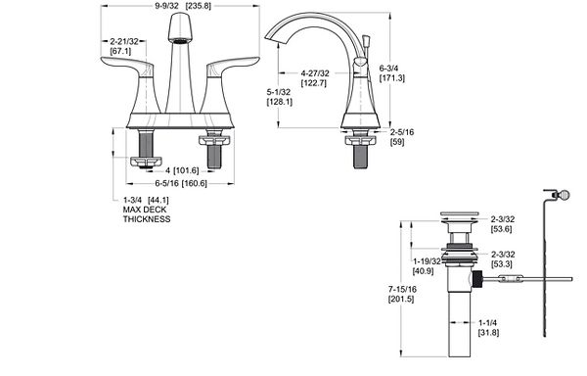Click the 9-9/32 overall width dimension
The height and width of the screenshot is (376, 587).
coord(166,6)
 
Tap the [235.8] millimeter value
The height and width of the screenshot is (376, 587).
coord(199,6)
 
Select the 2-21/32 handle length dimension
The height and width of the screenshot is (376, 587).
coord(124,41)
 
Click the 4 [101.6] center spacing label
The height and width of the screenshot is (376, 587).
coord(182,170)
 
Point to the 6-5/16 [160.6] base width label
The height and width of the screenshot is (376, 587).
coord(181,183)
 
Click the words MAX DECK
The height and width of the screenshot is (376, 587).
coord(145,210)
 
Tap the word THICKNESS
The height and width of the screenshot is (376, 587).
coord(147,219)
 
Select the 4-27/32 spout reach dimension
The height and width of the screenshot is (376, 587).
coord(315,73)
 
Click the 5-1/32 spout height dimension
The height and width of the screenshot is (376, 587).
coord(279,92)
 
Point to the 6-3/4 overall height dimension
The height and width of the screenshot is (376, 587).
coord(388,69)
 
